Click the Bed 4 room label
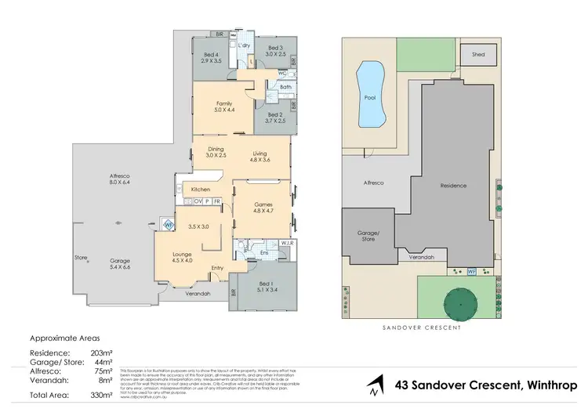tap(208, 51)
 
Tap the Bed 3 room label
tap(274, 48)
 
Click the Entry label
tap(216, 268)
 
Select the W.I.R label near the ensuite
tap(286, 243)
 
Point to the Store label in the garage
tap(80, 256)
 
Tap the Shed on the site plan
tap(477, 55)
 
